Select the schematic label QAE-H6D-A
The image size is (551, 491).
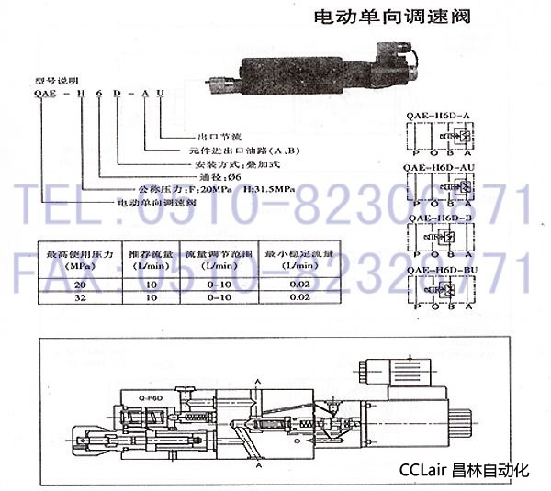tap(437, 115)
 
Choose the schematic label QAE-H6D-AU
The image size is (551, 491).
tap(440, 165)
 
